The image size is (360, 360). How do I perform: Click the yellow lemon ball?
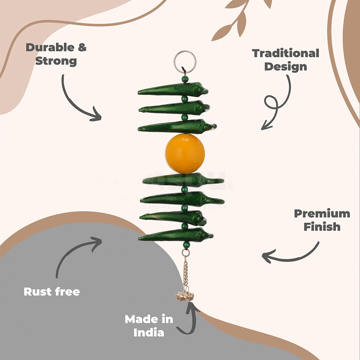[185, 153]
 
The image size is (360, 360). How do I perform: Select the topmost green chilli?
[173, 90]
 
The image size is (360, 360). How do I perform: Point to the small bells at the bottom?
[184, 296]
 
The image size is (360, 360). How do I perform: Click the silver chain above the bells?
[185, 271]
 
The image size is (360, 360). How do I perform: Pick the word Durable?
[50, 47]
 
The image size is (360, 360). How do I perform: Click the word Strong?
[56, 61]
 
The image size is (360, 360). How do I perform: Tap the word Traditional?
[286, 53]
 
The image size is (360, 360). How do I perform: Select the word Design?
[286, 67]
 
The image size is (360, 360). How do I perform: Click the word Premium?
[322, 213]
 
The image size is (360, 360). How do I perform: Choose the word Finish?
[322, 227]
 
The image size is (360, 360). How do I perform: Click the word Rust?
[37, 292]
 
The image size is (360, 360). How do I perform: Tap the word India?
[149, 333]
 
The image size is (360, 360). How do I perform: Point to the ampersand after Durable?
[82, 47]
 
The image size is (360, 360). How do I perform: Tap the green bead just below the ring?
[185, 79]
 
